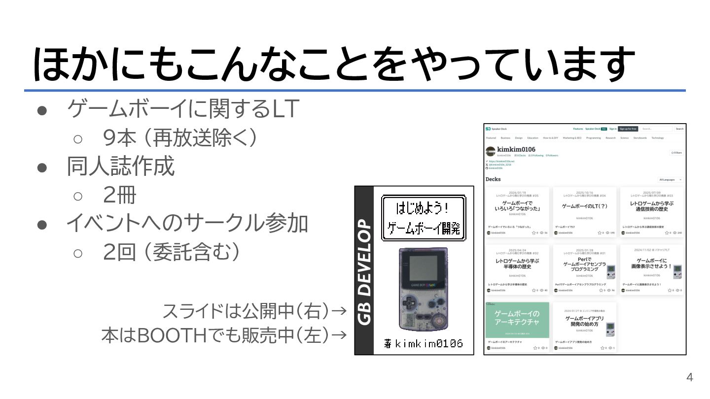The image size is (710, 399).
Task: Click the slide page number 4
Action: coord(689,378)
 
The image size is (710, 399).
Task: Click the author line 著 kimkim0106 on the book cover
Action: coord(424,343)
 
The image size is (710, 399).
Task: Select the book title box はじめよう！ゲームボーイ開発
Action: coord(424,218)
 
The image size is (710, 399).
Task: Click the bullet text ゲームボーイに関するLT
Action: coord(183,109)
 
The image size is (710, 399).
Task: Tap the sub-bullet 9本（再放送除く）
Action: coord(180,138)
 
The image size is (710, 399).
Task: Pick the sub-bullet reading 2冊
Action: coord(119,196)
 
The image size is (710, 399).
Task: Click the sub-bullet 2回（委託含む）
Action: coord(172,253)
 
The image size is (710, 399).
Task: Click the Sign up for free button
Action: coord(628,129)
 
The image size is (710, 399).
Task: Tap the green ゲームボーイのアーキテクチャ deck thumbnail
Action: coord(517,320)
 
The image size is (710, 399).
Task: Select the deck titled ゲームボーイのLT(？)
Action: coord(584,206)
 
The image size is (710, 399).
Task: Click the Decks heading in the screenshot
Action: coord(493,179)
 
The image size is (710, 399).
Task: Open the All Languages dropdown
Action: coord(671,180)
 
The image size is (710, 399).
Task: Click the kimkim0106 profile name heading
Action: coord(516,149)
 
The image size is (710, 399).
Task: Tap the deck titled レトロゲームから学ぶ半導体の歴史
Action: coord(517,264)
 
